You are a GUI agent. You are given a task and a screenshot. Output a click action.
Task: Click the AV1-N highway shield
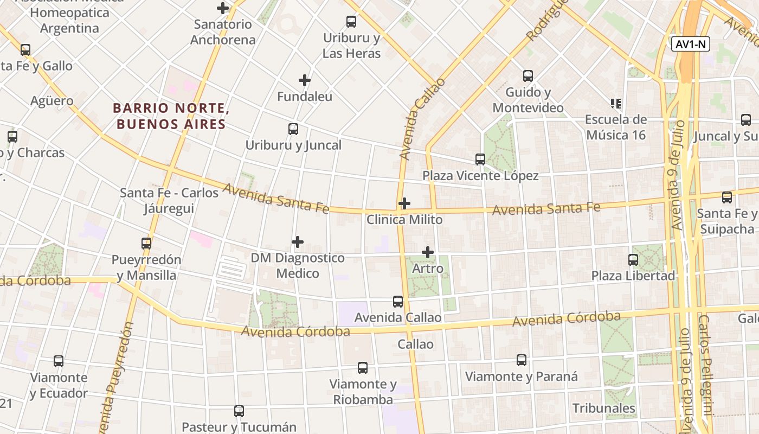[x=690, y=44]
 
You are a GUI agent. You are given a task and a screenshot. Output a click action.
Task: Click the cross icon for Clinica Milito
[x=404, y=203]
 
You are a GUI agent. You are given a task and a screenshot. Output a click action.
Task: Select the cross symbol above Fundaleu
[x=305, y=80]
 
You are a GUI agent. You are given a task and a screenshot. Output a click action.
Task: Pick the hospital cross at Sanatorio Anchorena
[x=222, y=8]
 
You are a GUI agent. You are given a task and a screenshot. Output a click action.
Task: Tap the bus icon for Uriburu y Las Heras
[x=351, y=22]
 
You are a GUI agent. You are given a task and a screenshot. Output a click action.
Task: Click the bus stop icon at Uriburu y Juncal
[x=293, y=129]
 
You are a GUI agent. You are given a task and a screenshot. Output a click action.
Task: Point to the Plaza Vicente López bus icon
[x=480, y=159]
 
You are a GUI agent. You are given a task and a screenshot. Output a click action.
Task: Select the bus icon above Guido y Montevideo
[x=528, y=76]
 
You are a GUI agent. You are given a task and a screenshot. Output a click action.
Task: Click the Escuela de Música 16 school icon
[x=615, y=103]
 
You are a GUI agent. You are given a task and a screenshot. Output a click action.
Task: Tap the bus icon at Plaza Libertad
[x=633, y=260]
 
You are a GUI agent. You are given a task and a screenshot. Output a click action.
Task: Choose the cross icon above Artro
[x=428, y=252]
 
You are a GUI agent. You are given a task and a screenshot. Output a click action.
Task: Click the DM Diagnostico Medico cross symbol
[x=298, y=241]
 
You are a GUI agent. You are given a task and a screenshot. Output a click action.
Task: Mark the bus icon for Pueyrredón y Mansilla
[x=146, y=244]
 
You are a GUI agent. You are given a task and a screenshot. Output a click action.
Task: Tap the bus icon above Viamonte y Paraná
[x=522, y=360]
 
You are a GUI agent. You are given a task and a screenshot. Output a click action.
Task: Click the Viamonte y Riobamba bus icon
[x=363, y=368]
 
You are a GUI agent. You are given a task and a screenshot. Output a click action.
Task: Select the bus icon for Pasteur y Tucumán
[x=239, y=411]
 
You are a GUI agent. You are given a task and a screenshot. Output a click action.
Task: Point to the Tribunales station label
[x=604, y=408]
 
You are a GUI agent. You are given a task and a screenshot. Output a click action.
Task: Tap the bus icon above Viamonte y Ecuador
[x=59, y=361]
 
